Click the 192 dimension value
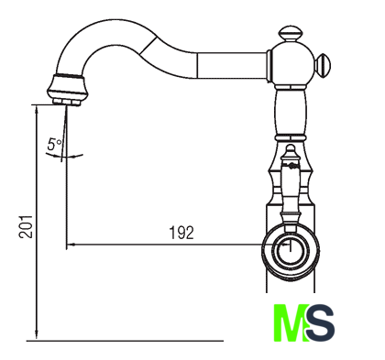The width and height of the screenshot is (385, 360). (x=181, y=233)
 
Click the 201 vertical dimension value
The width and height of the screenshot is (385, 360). (x=26, y=226)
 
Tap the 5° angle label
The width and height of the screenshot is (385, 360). (x=54, y=144)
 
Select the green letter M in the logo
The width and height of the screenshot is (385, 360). (x=291, y=322)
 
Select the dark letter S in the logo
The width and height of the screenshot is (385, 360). (x=320, y=322)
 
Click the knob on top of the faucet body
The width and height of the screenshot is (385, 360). (x=291, y=33)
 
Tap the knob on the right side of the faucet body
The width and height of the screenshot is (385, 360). (x=323, y=66)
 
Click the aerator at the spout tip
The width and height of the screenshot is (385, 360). (x=66, y=90)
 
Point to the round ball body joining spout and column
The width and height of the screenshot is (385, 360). (x=291, y=65)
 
